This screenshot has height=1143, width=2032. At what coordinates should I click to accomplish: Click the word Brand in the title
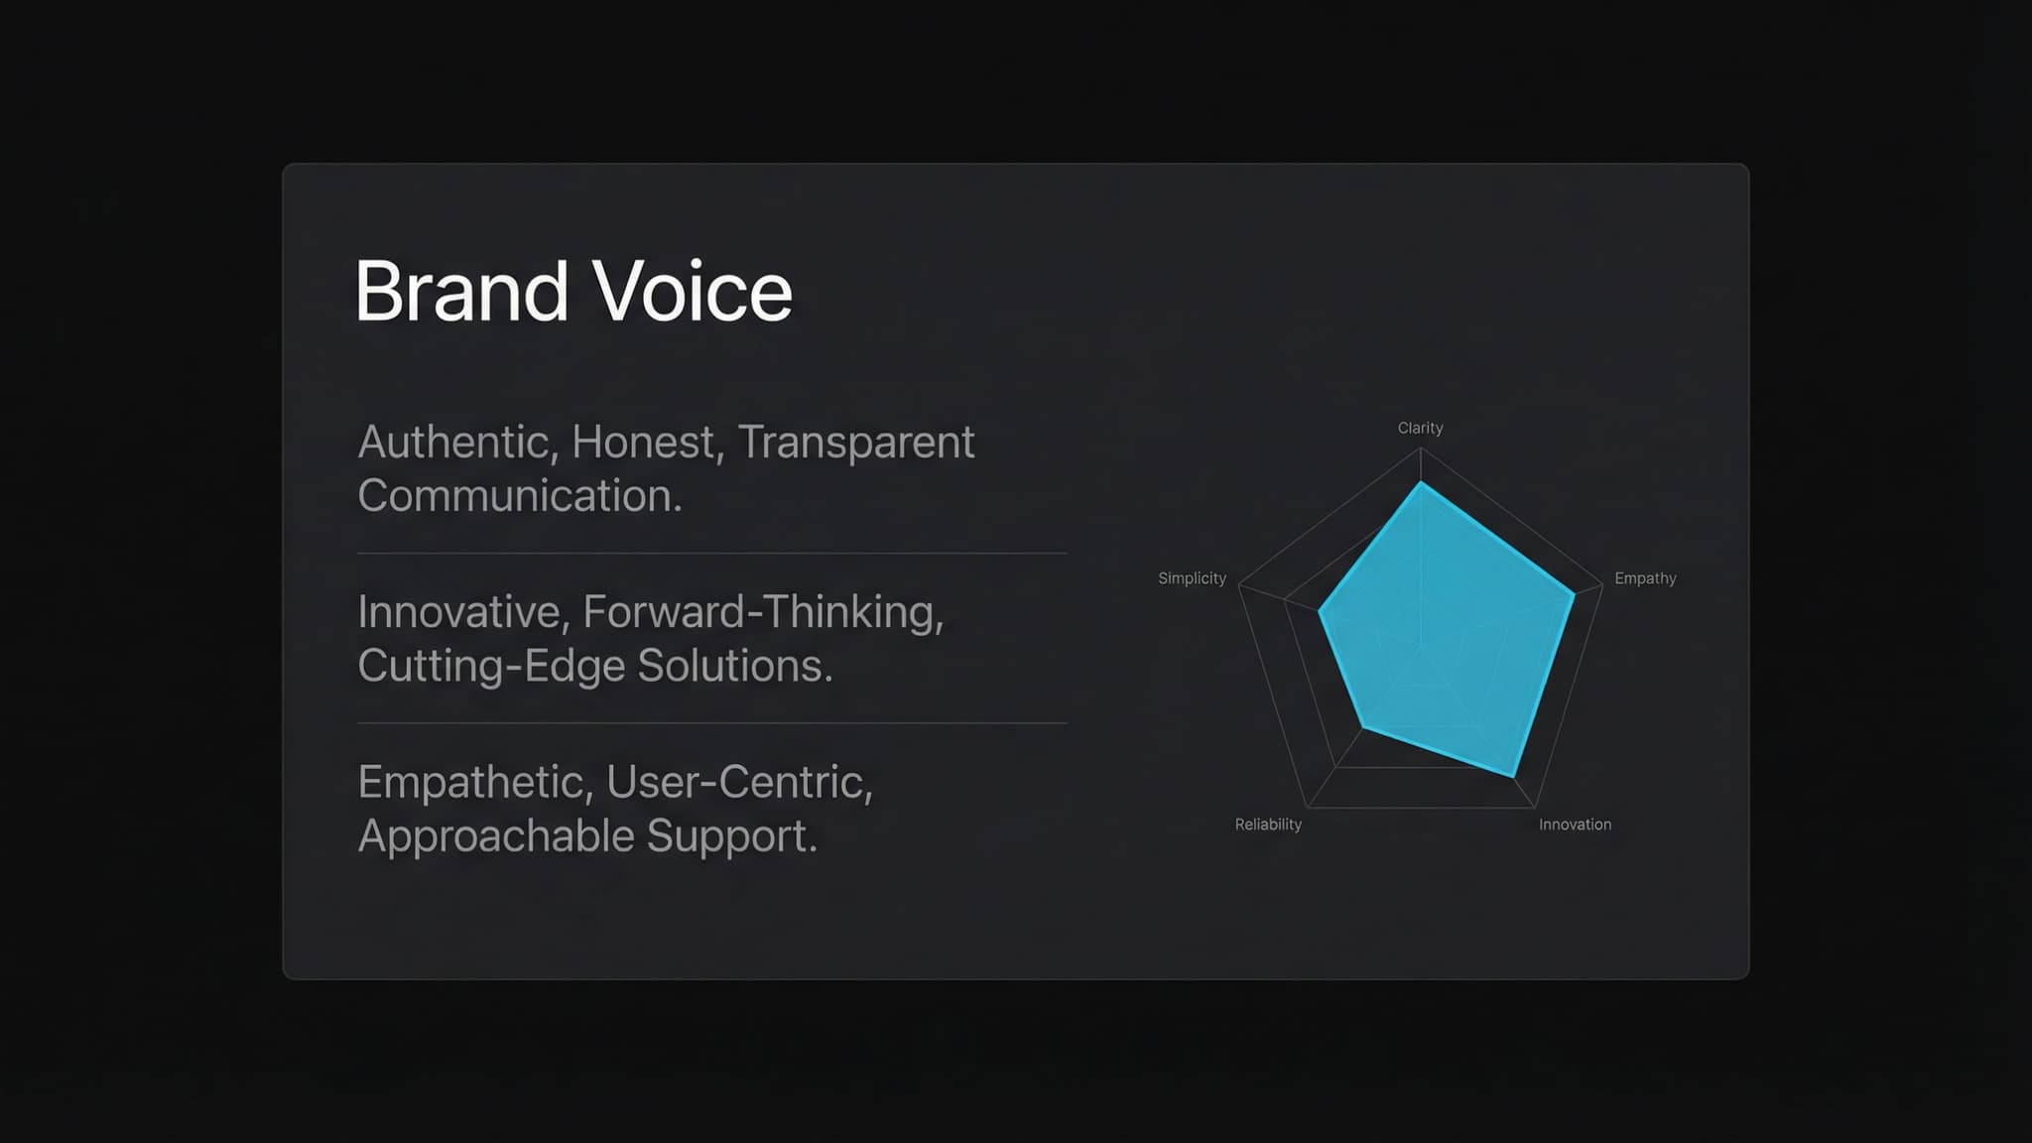click(x=461, y=292)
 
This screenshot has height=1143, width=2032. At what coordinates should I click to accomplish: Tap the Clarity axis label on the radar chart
click(x=1420, y=428)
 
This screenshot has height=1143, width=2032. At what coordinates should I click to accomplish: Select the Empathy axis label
click(x=1644, y=578)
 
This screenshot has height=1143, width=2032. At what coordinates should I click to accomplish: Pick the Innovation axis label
click(x=1575, y=825)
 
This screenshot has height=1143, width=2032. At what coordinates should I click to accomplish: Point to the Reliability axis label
click(x=1267, y=825)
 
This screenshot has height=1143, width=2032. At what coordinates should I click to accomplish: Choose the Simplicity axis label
click(x=1192, y=578)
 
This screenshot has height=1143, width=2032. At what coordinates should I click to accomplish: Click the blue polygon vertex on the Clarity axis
click(x=1421, y=483)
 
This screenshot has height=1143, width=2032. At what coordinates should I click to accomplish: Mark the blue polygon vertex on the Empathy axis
click(x=1574, y=594)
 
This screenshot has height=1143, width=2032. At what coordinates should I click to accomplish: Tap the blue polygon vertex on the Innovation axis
click(x=1512, y=775)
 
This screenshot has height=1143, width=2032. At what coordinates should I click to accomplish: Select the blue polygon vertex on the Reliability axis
click(x=1363, y=727)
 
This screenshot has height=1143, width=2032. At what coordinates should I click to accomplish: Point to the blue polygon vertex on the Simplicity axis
click(x=1319, y=612)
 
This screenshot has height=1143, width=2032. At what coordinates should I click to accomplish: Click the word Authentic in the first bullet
click(x=452, y=443)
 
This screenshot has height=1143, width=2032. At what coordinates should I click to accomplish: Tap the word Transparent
click(x=855, y=443)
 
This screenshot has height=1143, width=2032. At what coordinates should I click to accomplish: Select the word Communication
click(x=519, y=496)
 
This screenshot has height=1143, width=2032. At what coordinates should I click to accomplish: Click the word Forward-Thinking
click(x=762, y=612)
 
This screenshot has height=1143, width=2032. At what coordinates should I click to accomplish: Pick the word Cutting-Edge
click(x=491, y=666)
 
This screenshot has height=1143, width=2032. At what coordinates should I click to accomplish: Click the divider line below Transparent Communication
click(x=711, y=553)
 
